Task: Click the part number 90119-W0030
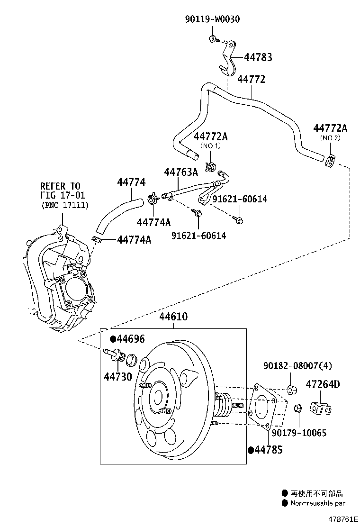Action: [x=212, y=19]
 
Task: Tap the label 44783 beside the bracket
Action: [x=258, y=57]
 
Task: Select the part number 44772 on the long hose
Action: [x=251, y=79]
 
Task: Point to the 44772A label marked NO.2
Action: [x=330, y=128]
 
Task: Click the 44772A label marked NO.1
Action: [x=210, y=136]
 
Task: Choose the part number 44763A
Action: [x=181, y=172]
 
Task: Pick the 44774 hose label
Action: [x=131, y=182]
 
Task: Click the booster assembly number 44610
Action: [x=173, y=317]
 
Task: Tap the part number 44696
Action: [x=131, y=339]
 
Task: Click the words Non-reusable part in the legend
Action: [x=319, y=503]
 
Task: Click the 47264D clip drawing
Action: [x=321, y=408]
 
